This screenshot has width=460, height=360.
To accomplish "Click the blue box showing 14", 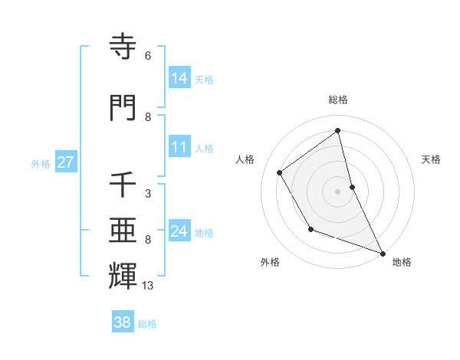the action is point(179,78).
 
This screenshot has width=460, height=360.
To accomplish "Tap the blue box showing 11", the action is point(179,148).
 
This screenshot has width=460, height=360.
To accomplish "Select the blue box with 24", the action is point(179,231).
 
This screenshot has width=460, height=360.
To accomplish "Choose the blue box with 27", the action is point(65,162).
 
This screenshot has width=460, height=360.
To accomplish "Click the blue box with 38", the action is point(123,322).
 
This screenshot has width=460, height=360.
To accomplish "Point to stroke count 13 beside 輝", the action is point(148,286).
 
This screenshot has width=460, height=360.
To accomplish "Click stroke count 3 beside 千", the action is point(147,194).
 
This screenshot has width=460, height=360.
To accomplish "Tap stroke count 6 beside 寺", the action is point(147,56).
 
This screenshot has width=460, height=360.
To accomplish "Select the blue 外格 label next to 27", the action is point(41,163).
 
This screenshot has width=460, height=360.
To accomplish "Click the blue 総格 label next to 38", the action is point(147,324).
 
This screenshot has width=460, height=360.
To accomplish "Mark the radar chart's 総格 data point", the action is point(337,131).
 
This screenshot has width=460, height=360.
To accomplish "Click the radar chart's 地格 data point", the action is point(383,254).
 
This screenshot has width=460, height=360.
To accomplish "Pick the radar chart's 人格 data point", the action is point(280,172).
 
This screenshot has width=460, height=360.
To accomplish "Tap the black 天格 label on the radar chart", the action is point(431,159).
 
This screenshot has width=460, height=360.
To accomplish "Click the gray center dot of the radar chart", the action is point(337,191).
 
